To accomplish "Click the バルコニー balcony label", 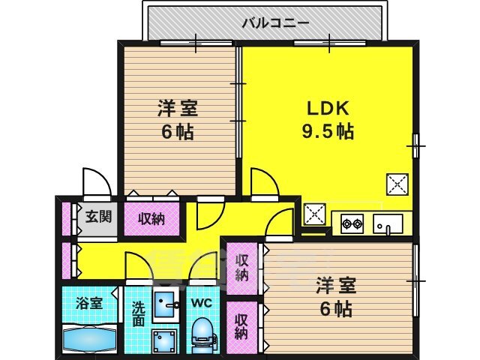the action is pyautogui.click(x=275, y=23).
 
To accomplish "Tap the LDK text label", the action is pyautogui.click(x=328, y=108).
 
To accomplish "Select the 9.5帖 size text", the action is pyautogui.click(x=328, y=131).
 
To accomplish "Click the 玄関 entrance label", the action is pyautogui.click(x=98, y=217).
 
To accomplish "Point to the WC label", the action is pyautogui.click(x=202, y=302).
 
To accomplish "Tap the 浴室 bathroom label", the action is pyautogui.click(x=89, y=303).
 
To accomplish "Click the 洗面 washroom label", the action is pyautogui.click(x=138, y=314).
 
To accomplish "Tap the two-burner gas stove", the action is pyautogui.click(x=352, y=223).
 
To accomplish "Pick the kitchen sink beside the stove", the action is pyautogui.click(x=388, y=224).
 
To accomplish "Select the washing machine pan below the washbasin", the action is pyautogui.click(x=165, y=341).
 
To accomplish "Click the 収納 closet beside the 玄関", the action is pyautogui.click(x=151, y=219).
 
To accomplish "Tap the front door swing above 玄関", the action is pyautogui.click(x=97, y=181).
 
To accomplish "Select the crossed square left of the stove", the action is pyautogui.click(x=314, y=214).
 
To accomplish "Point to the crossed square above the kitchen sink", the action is pyautogui.click(x=397, y=184).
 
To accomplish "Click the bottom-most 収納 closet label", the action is pyautogui.click(x=241, y=327).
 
